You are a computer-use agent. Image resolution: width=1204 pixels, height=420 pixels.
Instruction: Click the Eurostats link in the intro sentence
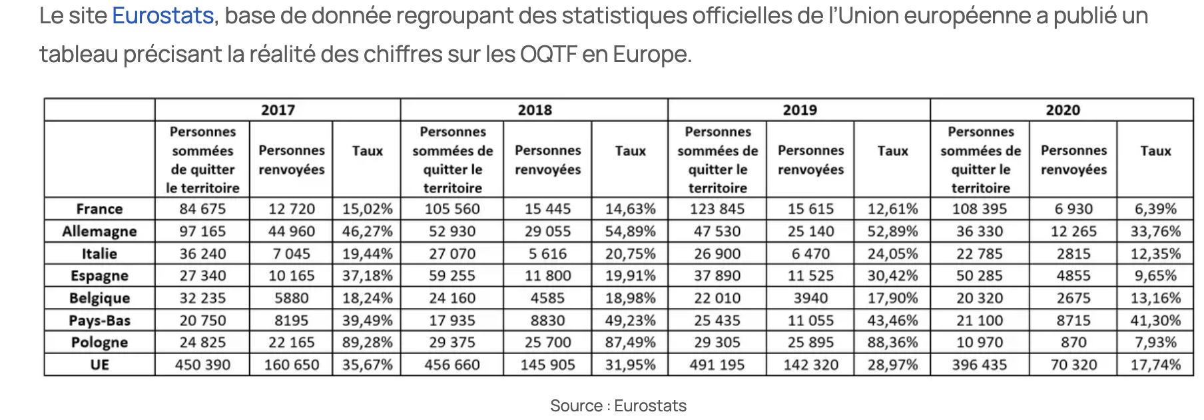(x=162, y=15)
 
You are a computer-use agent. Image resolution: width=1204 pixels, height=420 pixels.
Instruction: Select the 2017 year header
(x=278, y=110)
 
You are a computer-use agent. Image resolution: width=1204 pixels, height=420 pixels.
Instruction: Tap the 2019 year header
(x=799, y=110)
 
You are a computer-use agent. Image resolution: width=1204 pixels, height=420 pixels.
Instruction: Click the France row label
(x=99, y=209)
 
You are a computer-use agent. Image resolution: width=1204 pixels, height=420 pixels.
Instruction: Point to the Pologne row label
(x=99, y=343)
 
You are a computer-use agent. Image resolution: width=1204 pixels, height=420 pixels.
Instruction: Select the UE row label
(x=99, y=365)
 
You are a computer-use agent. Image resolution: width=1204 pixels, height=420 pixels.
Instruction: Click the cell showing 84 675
(x=202, y=209)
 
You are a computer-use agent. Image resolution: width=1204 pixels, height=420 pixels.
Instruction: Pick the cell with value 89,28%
(x=367, y=343)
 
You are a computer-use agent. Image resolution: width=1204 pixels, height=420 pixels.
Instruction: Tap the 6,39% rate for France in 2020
(x=1155, y=209)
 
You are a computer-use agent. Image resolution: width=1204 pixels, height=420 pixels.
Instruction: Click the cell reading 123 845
(x=717, y=209)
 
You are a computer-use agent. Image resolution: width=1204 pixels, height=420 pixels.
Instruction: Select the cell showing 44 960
(x=292, y=231)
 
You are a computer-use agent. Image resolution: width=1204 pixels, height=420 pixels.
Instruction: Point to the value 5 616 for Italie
(x=547, y=254)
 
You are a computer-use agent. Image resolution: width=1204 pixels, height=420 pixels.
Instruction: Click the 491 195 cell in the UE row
(x=717, y=365)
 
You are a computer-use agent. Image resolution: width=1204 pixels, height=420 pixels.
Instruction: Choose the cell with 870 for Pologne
(x=1073, y=343)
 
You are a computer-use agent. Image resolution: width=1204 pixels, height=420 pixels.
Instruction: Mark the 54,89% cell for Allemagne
(x=630, y=231)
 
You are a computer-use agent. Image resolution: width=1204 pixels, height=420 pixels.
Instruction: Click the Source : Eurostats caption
(x=618, y=405)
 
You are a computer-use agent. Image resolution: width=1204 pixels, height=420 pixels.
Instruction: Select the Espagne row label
(x=99, y=276)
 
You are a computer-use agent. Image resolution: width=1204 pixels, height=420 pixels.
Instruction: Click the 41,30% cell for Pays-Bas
(x=1155, y=321)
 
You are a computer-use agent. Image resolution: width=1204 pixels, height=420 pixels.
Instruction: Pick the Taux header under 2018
(x=630, y=151)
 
